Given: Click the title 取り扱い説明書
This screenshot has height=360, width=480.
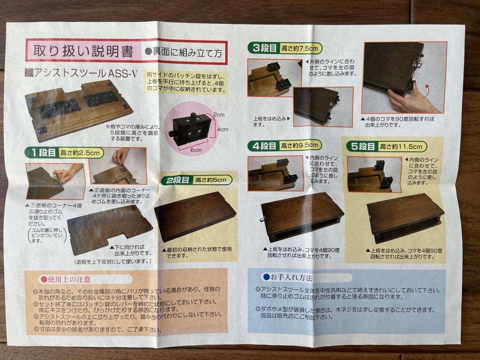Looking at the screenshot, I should (x=80, y=52).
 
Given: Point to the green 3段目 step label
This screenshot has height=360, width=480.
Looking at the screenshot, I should (x=264, y=48).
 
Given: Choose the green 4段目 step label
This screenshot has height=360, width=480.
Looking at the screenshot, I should (x=264, y=145).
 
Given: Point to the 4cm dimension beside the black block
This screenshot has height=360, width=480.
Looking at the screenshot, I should (x=223, y=129).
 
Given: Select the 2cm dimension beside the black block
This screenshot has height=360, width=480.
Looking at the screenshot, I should (x=219, y=115).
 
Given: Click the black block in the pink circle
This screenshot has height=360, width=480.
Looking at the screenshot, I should (x=192, y=128).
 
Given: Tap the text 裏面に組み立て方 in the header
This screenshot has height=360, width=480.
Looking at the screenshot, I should (x=187, y=52).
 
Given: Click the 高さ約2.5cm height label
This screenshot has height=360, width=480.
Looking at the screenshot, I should (x=81, y=153).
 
